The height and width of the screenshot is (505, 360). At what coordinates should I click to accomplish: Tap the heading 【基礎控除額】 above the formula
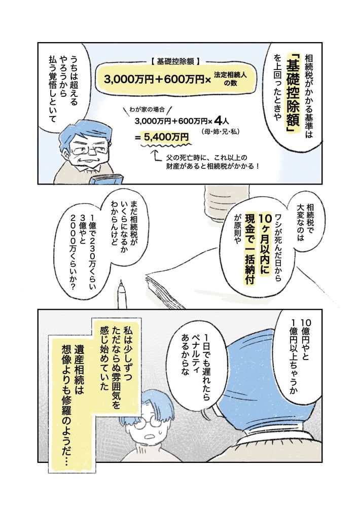pyautogui.click(x=177, y=61)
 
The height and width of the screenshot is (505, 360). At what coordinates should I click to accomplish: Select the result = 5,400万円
pyautogui.click(x=162, y=137)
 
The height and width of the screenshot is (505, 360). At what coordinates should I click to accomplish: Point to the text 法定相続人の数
pyautogui.click(x=230, y=79)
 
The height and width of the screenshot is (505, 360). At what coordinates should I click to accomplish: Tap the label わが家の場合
pyautogui.click(x=147, y=110)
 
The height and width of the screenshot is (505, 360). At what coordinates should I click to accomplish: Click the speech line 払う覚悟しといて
pyautogui.click(x=52, y=91)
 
